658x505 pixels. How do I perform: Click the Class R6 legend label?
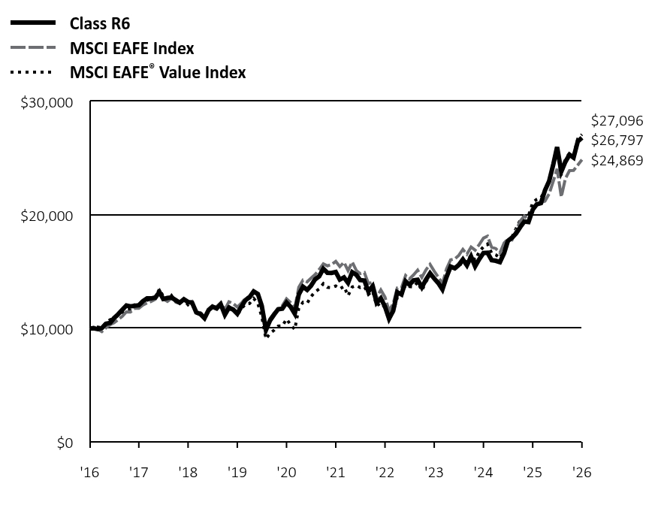pyautogui.click(x=100, y=23)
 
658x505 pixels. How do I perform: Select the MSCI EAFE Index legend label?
pyautogui.click(x=131, y=48)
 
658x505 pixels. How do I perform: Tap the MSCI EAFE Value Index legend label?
pyautogui.click(x=158, y=72)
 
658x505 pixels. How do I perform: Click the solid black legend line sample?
pyautogui.click(x=33, y=23)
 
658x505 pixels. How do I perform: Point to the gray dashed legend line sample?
pyautogui.click(x=33, y=48)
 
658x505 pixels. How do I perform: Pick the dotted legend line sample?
pyautogui.click(x=31, y=73)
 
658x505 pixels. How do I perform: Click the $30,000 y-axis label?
pyautogui.click(x=47, y=103)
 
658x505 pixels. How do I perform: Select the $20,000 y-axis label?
pyautogui.click(x=47, y=216)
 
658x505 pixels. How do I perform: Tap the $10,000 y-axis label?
pyautogui.click(x=47, y=330)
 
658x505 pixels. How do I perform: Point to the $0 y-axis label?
pyautogui.click(x=65, y=443)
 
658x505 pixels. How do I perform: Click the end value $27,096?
pyautogui.click(x=617, y=121)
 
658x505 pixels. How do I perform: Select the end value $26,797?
pyautogui.click(x=617, y=141)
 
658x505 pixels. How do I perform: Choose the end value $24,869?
pyautogui.click(x=617, y=160)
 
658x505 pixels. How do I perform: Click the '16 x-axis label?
pyautogui.click(x=90, y=473)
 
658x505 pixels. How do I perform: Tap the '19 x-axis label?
pyautogui.click(x=237, y=473)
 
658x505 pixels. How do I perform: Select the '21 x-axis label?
pyautogui.click(x=336, y=473)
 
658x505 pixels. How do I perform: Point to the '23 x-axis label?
pyautogui.click(x=434, y=473)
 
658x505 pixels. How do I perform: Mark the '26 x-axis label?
pyautogui.click(x=581, y=473)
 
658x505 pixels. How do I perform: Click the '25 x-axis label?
pyautogui.click(x=533, y=473)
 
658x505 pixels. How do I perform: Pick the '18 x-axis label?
pyautogui.click(x=188, y=473)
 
